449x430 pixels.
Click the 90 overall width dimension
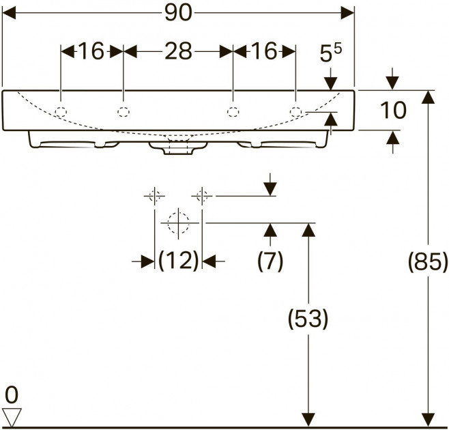pos(178,13)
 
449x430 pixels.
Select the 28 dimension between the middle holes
pos(178,52)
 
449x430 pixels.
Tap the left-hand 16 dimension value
pos(91,52)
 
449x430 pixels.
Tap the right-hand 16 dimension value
pos(264,52)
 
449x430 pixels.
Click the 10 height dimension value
pos(393,110)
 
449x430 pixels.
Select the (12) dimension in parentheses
pos(178,261)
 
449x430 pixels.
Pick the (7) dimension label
pos(270,261)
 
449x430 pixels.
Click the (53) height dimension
pos(308,319)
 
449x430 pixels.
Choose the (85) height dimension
pos(428,261)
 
